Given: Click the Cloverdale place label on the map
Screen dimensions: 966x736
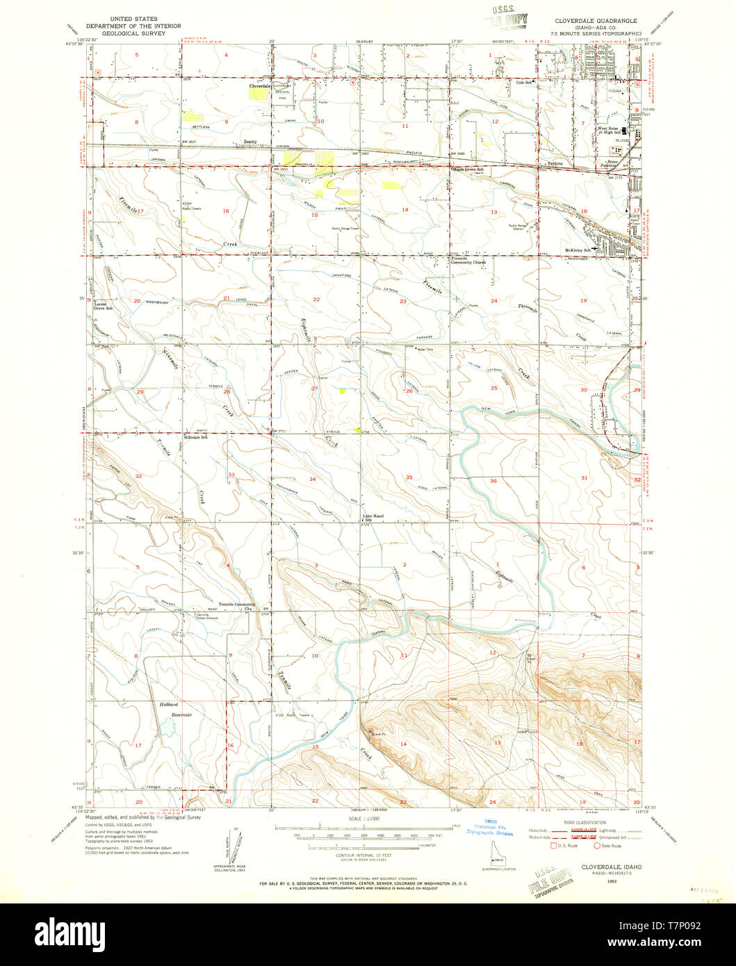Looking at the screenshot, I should point(260,86).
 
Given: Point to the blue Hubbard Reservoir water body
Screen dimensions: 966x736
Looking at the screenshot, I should point(167,728).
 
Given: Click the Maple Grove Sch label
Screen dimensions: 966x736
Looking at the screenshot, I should point(468,169).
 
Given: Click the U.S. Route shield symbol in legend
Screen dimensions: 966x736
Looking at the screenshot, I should point(554,846).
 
